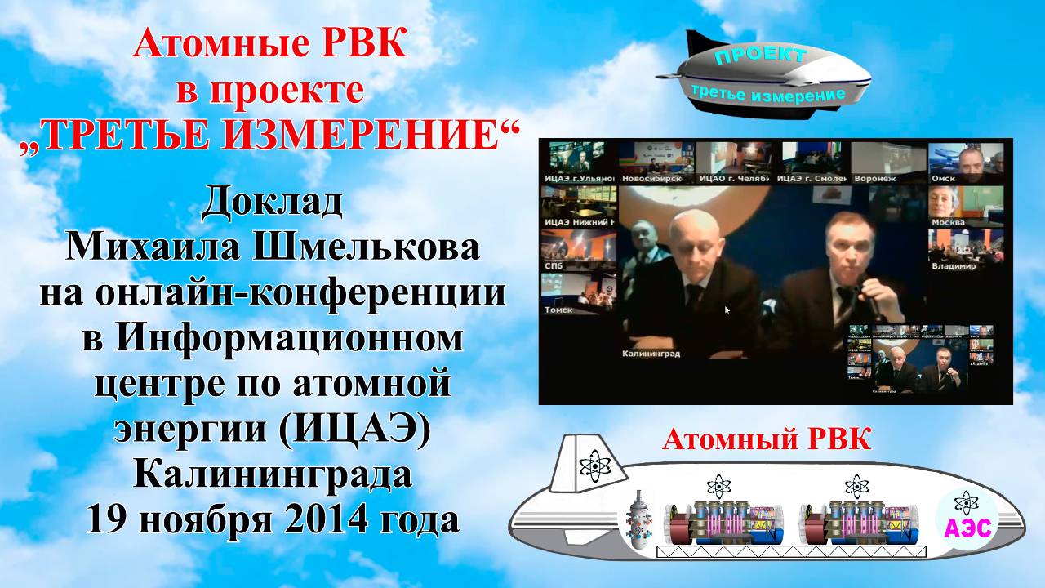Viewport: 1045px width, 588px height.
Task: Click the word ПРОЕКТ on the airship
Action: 761,56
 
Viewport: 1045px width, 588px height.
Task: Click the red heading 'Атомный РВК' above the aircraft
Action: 767,440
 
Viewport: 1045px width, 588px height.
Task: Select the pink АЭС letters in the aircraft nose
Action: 967,528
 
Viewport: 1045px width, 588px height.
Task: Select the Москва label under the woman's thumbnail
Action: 948,222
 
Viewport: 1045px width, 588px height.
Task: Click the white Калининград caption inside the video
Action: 651,354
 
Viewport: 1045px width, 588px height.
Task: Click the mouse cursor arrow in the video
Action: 727,310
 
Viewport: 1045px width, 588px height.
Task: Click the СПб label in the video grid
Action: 554,266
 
